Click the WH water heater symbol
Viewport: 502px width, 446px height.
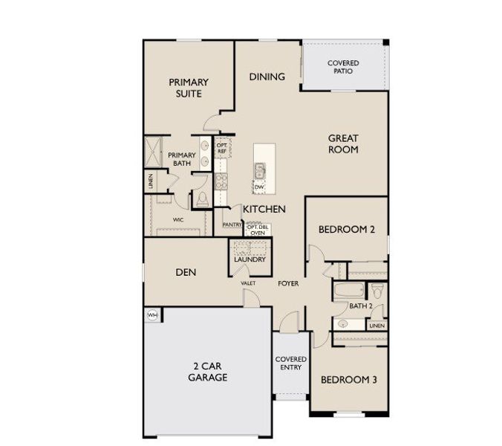152,314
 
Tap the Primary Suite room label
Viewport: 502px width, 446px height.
188,88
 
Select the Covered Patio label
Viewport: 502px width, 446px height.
343,67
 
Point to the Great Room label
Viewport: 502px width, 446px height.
343,143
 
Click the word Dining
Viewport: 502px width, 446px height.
267,76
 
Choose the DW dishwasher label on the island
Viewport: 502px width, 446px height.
259,187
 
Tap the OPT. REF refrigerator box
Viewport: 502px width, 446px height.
221,148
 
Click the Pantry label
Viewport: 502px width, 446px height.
232,224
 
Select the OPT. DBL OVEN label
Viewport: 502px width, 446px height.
257,229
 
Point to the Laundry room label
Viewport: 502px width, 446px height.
250,259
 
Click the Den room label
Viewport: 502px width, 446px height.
186,272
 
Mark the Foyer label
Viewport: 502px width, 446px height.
288,284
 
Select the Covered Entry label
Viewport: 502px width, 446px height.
291,364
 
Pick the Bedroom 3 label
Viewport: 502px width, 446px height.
349,380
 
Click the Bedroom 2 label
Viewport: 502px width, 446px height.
346,230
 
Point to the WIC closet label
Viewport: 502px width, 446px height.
179,220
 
